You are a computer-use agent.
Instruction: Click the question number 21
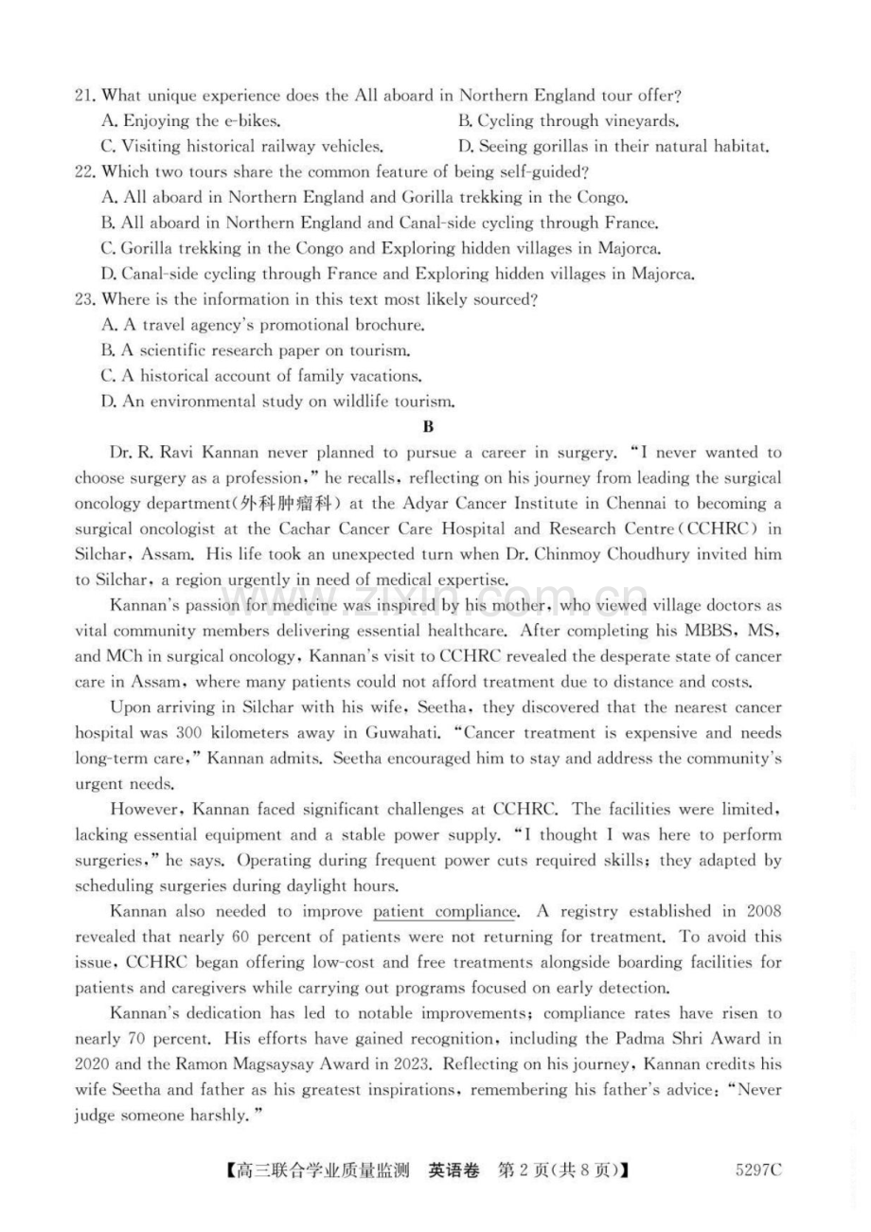pos(85,96)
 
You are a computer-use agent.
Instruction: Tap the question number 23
pos(85,300)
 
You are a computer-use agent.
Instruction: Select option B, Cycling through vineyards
pos(568,121)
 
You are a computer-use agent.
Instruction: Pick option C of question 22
pos(380,249)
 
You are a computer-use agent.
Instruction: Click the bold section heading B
pos(428,427)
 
